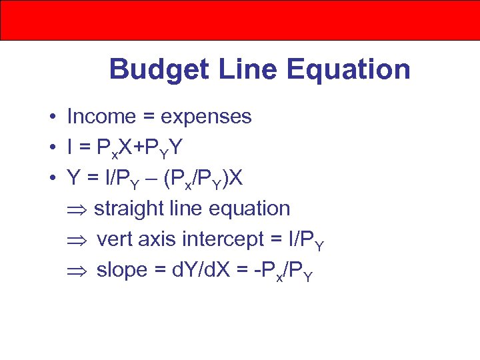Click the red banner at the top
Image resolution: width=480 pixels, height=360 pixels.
tap(240, 20)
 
